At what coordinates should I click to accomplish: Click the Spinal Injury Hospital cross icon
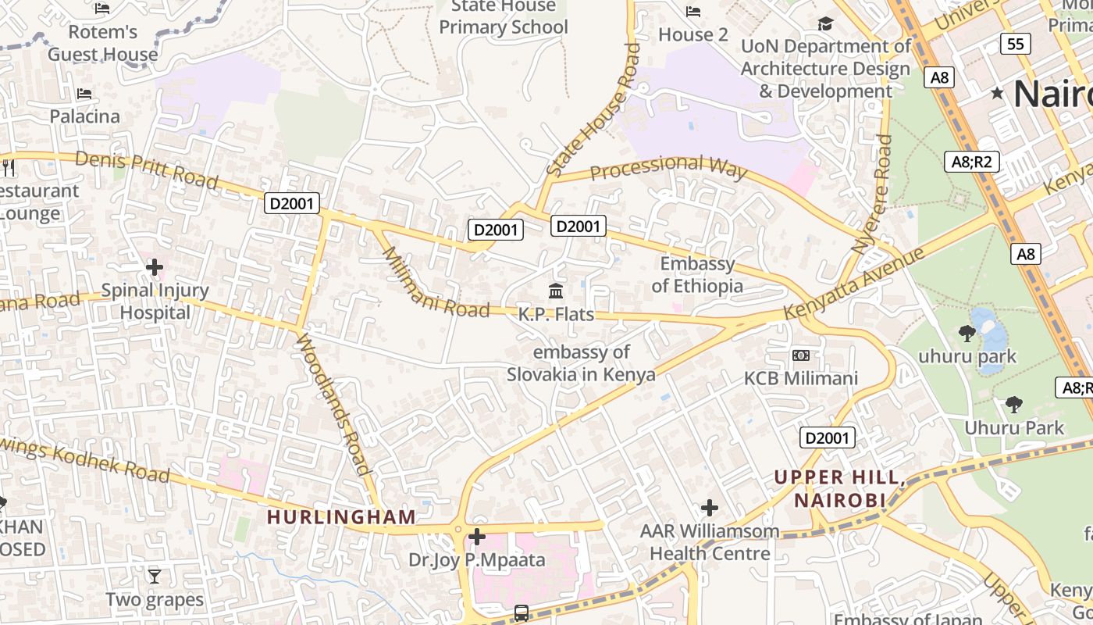coord(155,267)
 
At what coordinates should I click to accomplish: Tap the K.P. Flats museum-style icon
coord(556,291)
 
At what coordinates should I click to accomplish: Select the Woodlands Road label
coord(333,404)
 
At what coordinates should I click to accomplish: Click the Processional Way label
coord(668,166)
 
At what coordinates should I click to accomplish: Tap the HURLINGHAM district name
coord(341,517)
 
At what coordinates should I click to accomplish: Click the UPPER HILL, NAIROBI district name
coord(840,488)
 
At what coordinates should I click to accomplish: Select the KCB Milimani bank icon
coord(801,355)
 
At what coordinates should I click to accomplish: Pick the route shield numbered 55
coord(1015,44)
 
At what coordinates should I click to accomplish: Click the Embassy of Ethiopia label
coord(697,275)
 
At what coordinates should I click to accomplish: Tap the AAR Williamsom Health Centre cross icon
coord(709,509)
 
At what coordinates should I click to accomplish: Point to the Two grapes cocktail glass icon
coord(155,577)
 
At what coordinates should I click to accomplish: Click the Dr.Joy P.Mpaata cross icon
coord(476,537)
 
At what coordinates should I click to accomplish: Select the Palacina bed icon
coord(84,94)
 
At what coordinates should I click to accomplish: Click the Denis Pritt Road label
coord(147,170)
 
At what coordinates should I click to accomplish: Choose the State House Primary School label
coord(504,17)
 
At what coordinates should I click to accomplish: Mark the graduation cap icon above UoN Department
coord(825,24)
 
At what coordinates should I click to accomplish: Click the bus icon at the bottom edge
coord(522,613)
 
